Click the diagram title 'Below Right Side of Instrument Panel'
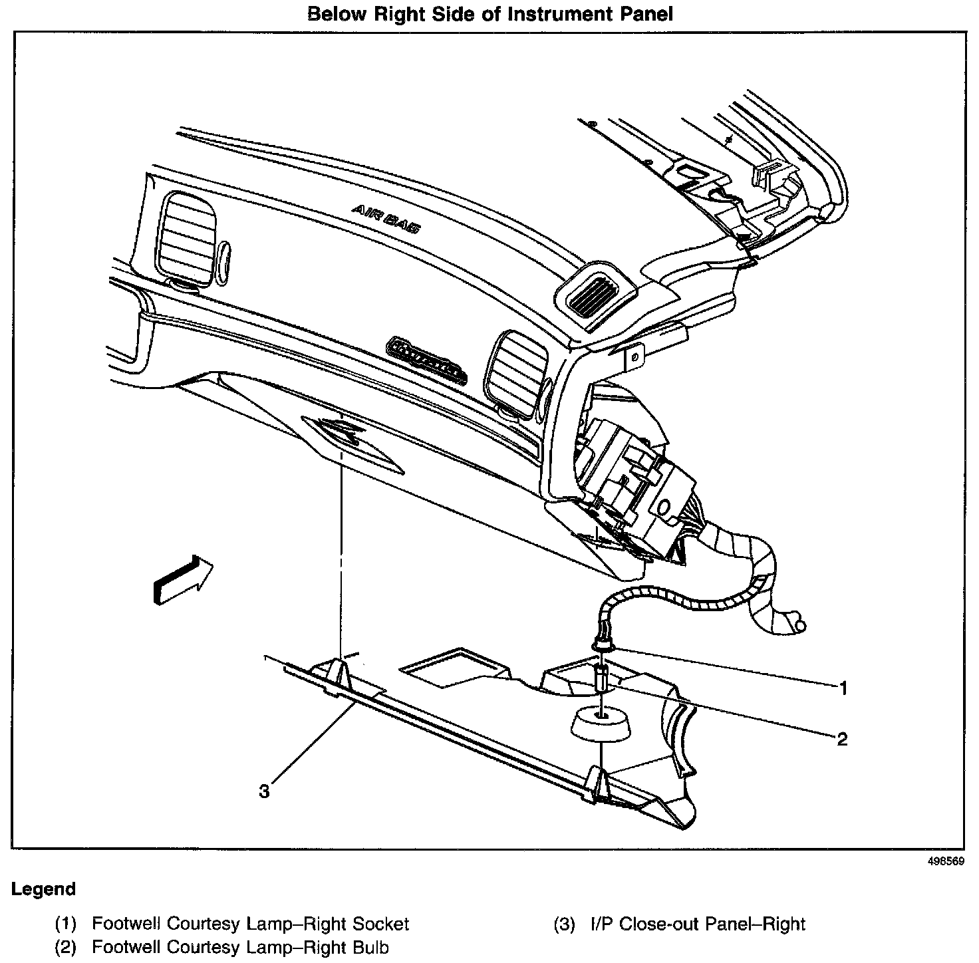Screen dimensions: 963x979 pos(490,14)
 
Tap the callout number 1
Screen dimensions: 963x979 pos(843,688)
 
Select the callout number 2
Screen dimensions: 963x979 pos(842,738)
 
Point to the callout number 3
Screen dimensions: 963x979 pos(265,791)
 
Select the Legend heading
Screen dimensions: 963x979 pos(43,889)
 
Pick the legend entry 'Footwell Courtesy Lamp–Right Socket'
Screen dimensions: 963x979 pos(250,924)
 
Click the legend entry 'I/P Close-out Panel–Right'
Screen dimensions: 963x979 pos(698,924)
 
